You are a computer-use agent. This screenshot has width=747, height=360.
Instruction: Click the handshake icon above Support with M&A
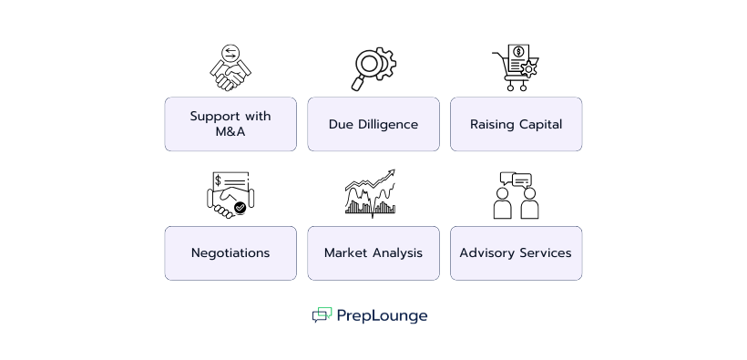coord(230,67)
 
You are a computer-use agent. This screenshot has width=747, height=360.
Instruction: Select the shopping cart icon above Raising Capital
coord(516,68)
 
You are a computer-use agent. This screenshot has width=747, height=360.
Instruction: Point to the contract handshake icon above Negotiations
coord(230,195)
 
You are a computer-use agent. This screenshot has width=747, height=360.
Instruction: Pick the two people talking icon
coord(516,195)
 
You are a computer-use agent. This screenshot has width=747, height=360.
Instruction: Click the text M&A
coord(230,132)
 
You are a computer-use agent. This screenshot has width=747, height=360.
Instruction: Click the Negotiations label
coord(230,252)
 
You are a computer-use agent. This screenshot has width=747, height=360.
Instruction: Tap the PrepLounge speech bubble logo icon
coord(322,315)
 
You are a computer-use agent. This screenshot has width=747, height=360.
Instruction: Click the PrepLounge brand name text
coord(382,316)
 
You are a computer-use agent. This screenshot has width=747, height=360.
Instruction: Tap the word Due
coord(341,124)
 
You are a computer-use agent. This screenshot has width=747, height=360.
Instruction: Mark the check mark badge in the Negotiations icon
coord(240,208)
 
